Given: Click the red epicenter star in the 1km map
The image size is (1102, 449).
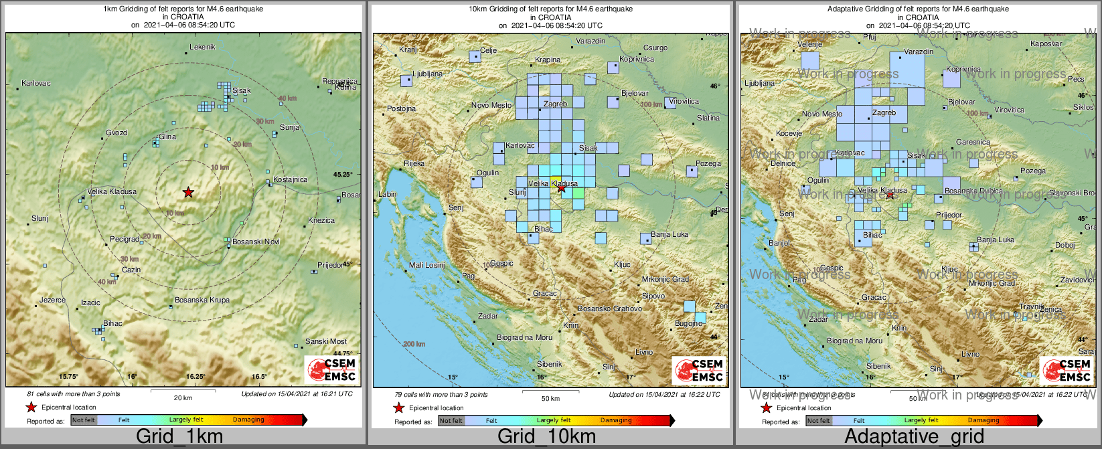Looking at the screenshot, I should (188, 193).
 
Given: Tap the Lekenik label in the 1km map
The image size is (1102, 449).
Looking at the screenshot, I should (202, 47).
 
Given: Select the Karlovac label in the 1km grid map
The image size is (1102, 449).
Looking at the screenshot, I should (36, 84).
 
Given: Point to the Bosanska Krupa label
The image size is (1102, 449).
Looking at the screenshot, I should (202, 300).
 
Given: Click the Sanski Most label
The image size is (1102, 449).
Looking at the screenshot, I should (326, 341).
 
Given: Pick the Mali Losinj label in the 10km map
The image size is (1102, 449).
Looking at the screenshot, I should (427, 266).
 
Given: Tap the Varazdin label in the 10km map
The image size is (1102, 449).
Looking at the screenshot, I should (591, 41).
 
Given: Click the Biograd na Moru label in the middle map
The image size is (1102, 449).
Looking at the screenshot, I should (525, 338).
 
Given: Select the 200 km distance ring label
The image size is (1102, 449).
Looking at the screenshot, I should (414, 344).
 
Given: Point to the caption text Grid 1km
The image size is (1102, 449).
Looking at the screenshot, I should (179, 437).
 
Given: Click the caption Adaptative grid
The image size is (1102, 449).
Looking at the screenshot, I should (915, 437).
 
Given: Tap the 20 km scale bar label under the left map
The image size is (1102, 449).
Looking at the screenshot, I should (183, 397).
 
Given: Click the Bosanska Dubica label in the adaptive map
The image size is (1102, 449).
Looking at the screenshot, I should (973, 191).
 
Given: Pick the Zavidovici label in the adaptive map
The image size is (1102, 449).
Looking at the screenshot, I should (1077, 280).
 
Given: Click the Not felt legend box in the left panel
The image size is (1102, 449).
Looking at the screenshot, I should (84, 420).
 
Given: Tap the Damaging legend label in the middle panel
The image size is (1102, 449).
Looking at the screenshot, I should (616, 421).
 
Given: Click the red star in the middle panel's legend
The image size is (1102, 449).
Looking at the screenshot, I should (398, 408).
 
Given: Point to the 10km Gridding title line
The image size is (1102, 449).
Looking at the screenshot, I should (550, 9).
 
